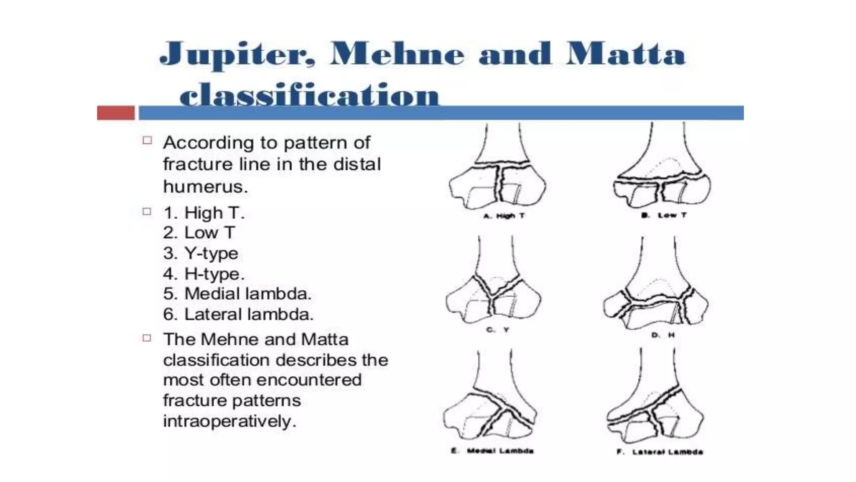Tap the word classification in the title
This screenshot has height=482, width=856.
(x=309, y=95)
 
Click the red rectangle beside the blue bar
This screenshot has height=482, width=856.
(x=116, y=113)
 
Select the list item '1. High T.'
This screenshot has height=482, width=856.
(x=204, y=213)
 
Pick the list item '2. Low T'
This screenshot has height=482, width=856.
(x=199, y=233)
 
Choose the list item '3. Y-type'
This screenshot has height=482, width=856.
(x=201, y=253)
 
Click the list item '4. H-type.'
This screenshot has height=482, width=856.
(x=204, y=274)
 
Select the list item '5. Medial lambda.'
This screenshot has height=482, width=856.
(x=237, y=294)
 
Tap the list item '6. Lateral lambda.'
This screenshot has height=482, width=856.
(x=238, y=314)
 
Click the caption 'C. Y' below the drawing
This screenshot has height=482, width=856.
(x=497, y=330)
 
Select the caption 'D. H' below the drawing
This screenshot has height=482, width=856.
(x=663, y=335)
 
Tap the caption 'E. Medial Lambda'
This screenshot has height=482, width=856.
(x=492, y=451)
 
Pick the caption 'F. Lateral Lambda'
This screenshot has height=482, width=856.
(x=660, y=452)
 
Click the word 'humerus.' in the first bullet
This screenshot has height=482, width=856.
(x=205, y=187)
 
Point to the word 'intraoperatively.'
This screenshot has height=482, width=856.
(x=229, y=421)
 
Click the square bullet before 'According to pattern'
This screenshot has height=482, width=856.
(x=147, y=141)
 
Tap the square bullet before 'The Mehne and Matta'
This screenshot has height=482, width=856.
(x=147, y=338)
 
